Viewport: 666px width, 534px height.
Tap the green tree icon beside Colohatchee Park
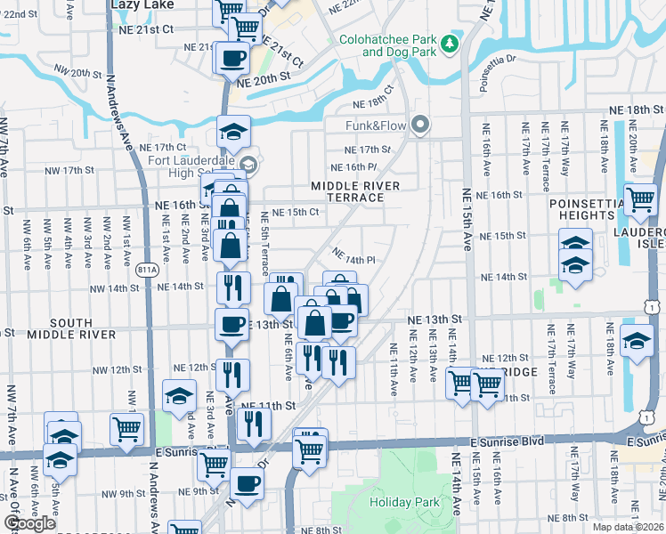click(x=451, y=43)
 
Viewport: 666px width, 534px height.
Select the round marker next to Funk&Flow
click(x=420, y=125)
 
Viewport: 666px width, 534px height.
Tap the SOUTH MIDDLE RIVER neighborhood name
click(x=71, y=328)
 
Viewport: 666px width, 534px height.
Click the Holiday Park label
click(x=405, y=502)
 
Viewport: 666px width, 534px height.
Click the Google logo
click(x=29, y=524)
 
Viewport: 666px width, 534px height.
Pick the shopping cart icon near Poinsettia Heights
click(x=640, y=201)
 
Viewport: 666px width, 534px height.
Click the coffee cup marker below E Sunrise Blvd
click(x=247, y=484)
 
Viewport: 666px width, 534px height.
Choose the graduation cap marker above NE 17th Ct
click(x=233, y=132)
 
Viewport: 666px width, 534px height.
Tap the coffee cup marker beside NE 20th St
click(x=233, y=58)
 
